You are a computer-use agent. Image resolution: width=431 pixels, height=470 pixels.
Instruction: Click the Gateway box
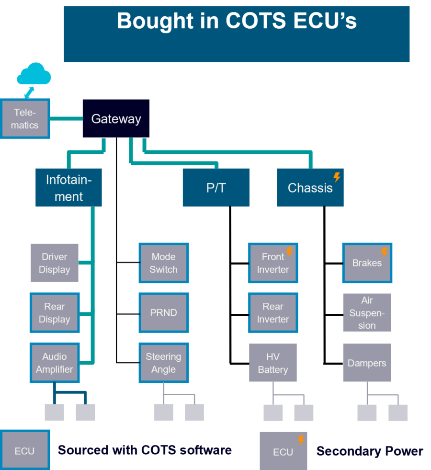pyautogui.click(x=116, y=119)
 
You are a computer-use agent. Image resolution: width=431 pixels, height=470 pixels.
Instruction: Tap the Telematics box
pyautogui.click(x=25, y=119)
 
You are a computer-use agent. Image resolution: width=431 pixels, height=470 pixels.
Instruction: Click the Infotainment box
pyautogui.click(x=68, y=187)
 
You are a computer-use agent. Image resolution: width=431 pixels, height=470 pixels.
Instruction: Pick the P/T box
pyautogui.click(x=216, y=187)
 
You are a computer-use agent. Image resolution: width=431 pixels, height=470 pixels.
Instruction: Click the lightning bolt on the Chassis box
pyautogui.click(x=337, y=177)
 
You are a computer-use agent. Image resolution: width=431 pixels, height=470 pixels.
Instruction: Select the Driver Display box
pyautogui.click(x=54, y=263)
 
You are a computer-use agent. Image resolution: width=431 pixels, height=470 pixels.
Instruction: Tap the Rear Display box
pyautogui.click(x=54, y=313)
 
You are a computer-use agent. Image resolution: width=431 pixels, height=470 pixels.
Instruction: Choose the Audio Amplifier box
pyautogui.click(x=54, y=363)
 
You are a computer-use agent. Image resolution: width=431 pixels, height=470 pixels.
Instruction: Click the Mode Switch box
pyautogui.click(x=163, y=263)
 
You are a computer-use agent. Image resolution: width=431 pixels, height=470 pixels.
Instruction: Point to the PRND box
pyautogui.click(x=163, y=313)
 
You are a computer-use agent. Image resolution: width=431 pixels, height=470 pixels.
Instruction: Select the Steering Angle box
pyautogui.click(x=163, y=363)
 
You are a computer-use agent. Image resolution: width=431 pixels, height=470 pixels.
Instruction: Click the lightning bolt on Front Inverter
pyautogui.click(x=289, y=252)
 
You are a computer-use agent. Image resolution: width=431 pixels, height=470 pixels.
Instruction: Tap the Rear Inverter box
pyautogui.click(x=272, y=313)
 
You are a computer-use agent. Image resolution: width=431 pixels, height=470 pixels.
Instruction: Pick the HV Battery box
pyautogui.click(x=272, y=363)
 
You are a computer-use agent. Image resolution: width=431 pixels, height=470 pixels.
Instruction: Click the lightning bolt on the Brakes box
pyautogui.click(x=384, y=252)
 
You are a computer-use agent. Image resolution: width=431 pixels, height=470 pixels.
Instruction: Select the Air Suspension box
pyautogui.click(x=367, y=313)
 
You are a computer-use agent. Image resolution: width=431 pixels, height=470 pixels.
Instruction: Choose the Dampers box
pyautogui.click(x=367, y=363)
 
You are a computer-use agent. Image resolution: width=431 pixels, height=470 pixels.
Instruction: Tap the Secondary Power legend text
pyautogui.click(x=370, y=451)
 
